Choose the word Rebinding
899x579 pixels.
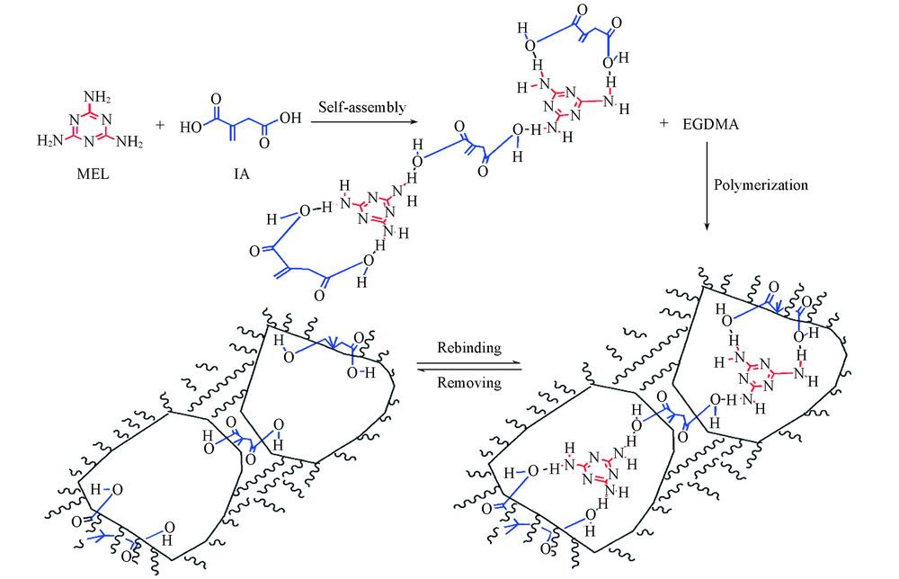point(469,348)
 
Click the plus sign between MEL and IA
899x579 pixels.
point(160,125)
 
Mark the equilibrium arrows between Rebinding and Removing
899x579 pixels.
point(469,366)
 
